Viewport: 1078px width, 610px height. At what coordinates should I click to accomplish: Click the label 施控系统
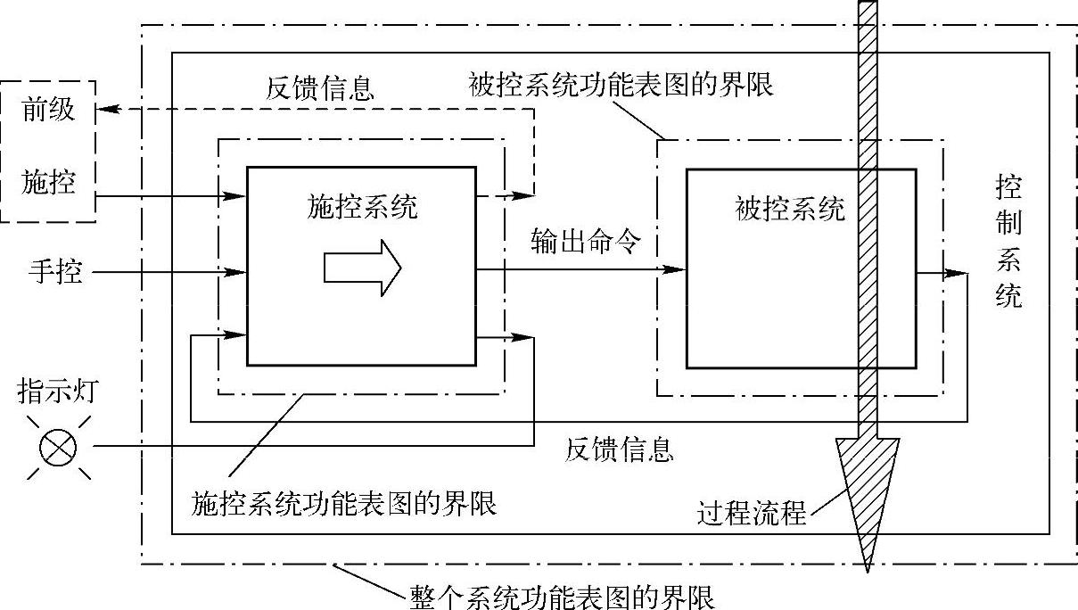[360, 208]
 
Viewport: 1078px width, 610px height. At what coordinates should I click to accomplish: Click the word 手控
[55, 270]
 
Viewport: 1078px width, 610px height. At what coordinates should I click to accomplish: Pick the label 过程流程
[753, 514]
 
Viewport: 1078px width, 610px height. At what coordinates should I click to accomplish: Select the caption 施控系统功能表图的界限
[344, 504]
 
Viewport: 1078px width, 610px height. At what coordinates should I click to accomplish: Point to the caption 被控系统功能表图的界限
[621, 85]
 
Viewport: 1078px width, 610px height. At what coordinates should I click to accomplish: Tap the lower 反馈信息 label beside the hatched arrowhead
[619, 449]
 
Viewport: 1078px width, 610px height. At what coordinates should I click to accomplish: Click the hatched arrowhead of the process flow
[865, 495]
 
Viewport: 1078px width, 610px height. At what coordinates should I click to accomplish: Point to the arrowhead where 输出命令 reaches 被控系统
[678, 269]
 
